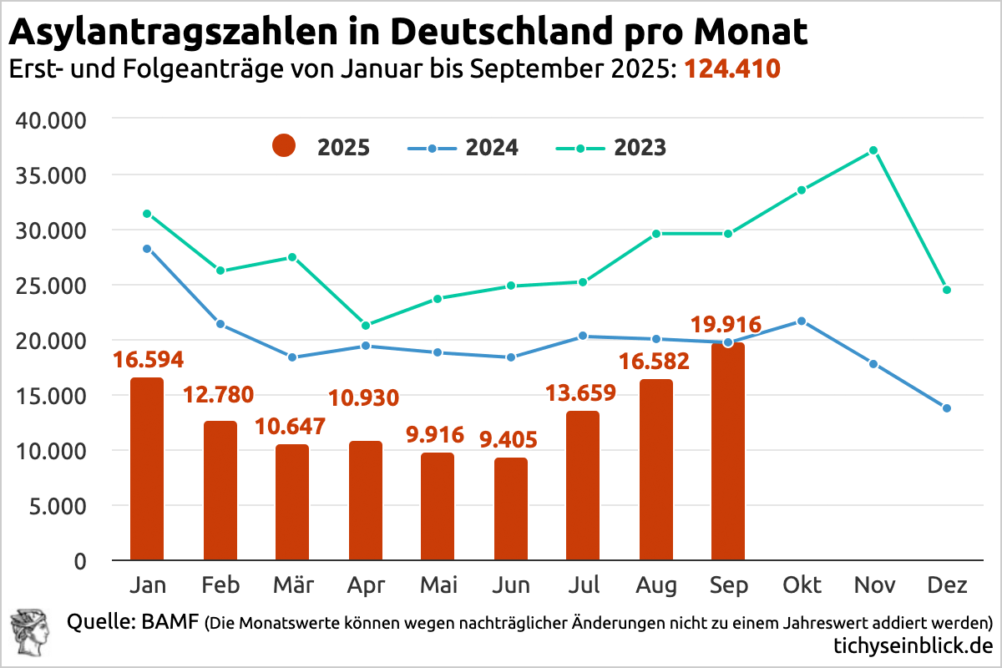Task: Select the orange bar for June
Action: pyautogui.click(x=510, y=509)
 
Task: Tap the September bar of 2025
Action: pyautogui.click(x=728, y=451)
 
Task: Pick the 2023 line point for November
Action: pyautogui.click(x=873, y=150)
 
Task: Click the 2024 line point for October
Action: pyautogui.click(x=802, y=321)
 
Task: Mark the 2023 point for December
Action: pyautogui.click(x=946, y=290)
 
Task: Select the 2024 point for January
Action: pyautogui.click(x=147, y=248)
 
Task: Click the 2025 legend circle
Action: pyautogui.click(x=285, y=148)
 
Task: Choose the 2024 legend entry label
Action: pyautogui.click(x=492, y=148)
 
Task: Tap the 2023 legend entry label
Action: pyautogui.click(x=640, y=148)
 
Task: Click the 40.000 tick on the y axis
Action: pyautogui.click(x=52, y=120)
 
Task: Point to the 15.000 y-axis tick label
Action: pyautogui.click(x=52, y=396)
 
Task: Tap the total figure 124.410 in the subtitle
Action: pyautogui.click(x=732, y=68)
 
